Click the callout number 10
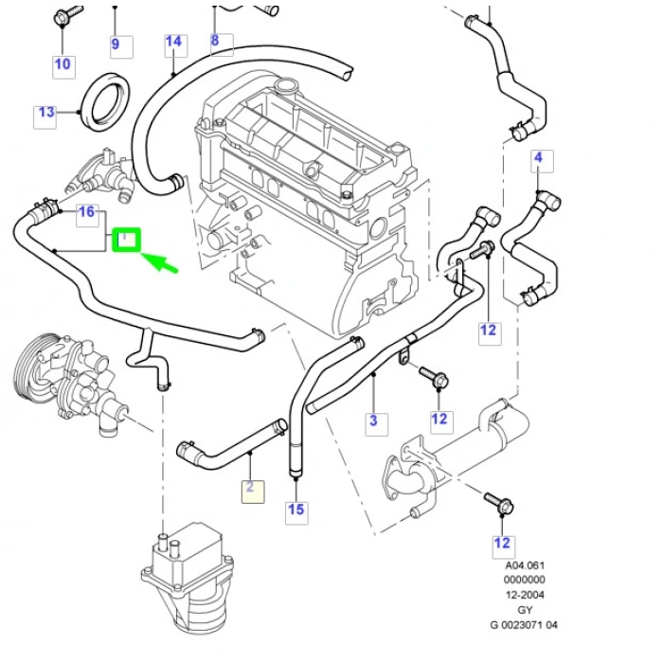(x=63, y=64)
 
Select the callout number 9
(x=116, y=44)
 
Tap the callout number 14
(x=173, y=42)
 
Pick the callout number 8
(x=215, y=41)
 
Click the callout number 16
(x=86, y=211)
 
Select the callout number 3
(x=373, y=421)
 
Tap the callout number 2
(x=251, y=489)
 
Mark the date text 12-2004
(x=525, y=595)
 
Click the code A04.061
(x=525, y=565)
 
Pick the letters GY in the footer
(x=525, y=609)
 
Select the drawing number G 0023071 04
(x=525, y=624)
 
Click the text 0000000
(x=525, y=580)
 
